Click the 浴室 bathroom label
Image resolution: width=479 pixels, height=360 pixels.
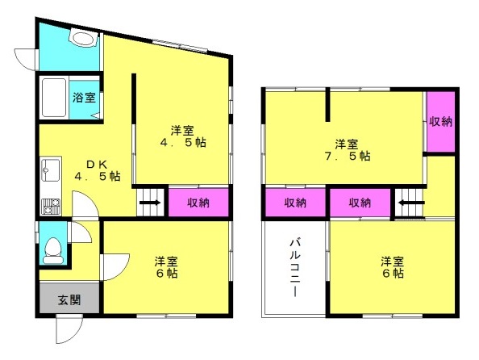[85, 97]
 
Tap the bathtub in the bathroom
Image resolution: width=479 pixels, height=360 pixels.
[54, 98]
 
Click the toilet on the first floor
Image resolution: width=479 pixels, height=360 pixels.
[53, 251]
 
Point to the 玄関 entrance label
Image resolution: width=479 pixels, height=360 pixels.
[69, 300]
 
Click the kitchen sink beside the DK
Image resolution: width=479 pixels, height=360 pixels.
[51, 170]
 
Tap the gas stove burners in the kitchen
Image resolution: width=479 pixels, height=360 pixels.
[51, 206]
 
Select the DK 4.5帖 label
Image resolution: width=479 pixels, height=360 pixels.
[98, 170]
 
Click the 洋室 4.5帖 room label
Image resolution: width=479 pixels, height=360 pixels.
[183, 136]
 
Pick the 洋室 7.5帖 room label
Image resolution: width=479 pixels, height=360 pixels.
[348, 150]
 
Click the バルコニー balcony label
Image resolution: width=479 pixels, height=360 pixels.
[294, 268]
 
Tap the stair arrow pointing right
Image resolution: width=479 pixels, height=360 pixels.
[150, 203]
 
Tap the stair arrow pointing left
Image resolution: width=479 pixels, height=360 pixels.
[411, 203]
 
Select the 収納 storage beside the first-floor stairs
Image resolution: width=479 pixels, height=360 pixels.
[198, 203]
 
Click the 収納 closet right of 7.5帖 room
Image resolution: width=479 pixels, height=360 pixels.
[440, 122]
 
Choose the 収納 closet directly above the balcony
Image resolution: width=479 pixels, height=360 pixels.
[295, 203]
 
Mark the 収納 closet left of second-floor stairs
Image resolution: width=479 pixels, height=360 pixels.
[360, 203]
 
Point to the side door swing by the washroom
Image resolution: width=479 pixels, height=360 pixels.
[26, 60]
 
